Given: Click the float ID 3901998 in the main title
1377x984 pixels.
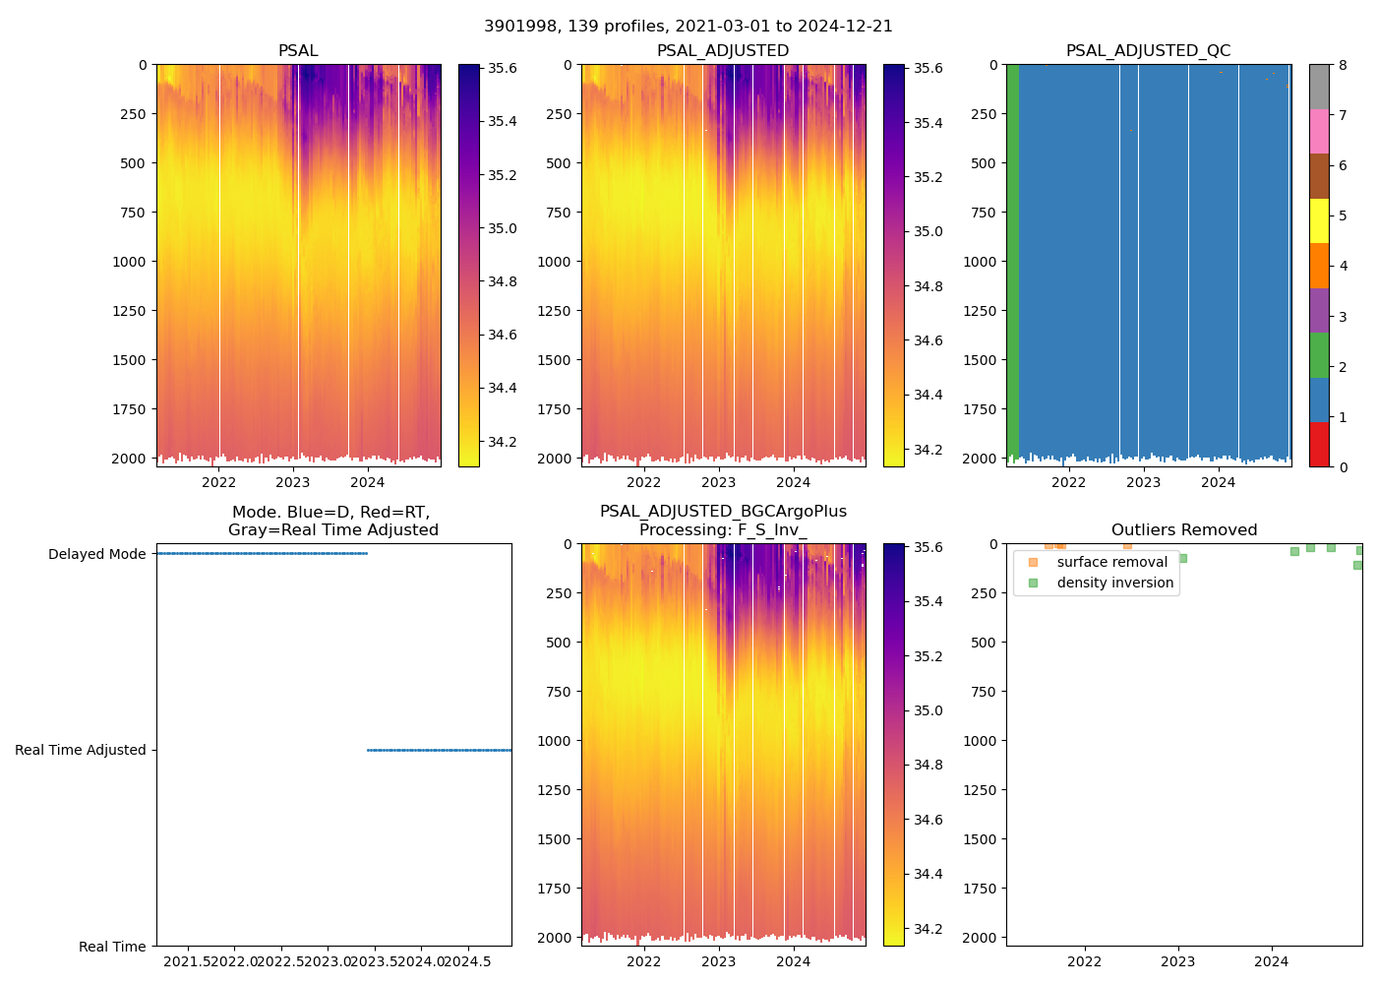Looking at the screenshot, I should [516, 27].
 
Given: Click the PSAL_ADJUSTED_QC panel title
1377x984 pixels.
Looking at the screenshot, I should [1148, 51].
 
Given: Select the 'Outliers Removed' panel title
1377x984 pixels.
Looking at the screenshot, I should [1183, 530].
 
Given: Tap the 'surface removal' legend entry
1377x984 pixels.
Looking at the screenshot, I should [1111, 562].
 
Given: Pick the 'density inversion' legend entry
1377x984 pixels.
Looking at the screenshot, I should [1114, 583].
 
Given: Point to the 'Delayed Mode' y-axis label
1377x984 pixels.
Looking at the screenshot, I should [96, 554].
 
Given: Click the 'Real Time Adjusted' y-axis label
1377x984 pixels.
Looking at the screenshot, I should [81, 750].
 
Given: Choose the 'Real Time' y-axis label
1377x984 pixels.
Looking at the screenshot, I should [112, 947].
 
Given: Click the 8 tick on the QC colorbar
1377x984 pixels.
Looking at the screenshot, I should [1343, 65].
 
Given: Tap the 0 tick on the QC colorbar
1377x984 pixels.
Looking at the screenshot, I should [1343, 467].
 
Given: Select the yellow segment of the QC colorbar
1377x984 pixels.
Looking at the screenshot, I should [1319, 220].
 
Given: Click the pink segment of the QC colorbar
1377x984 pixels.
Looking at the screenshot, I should [1319, 131].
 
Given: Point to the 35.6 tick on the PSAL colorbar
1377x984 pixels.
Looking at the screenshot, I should [503, 68].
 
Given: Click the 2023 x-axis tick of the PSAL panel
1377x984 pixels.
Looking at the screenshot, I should [293, 482].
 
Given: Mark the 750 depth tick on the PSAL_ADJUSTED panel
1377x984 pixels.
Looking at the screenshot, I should [558, 213].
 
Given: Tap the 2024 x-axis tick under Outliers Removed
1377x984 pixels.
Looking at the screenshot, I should [1271, 961].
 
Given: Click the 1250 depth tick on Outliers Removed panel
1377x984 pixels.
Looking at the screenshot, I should [982, 790].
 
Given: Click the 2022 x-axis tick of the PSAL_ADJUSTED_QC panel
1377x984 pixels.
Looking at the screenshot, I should [1068, 482].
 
